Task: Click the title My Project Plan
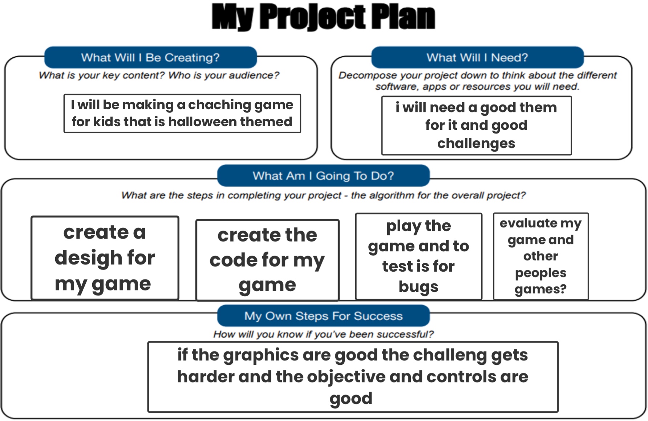(x=323, y=17)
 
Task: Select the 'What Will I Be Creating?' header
(x=150, y=57)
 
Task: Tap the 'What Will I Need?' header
(x=477, y=57)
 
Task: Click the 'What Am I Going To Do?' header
(x=323, y=176)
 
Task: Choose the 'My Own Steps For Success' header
(x=323, y=316)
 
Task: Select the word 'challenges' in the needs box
(x=476, y=144)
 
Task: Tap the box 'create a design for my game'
(x=105, y=258)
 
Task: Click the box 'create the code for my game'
(x=267, y=260)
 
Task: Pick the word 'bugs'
(x=418, y=287)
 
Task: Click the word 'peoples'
(x=540, y=273)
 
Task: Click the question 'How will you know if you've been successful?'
(x=323, y=334)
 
